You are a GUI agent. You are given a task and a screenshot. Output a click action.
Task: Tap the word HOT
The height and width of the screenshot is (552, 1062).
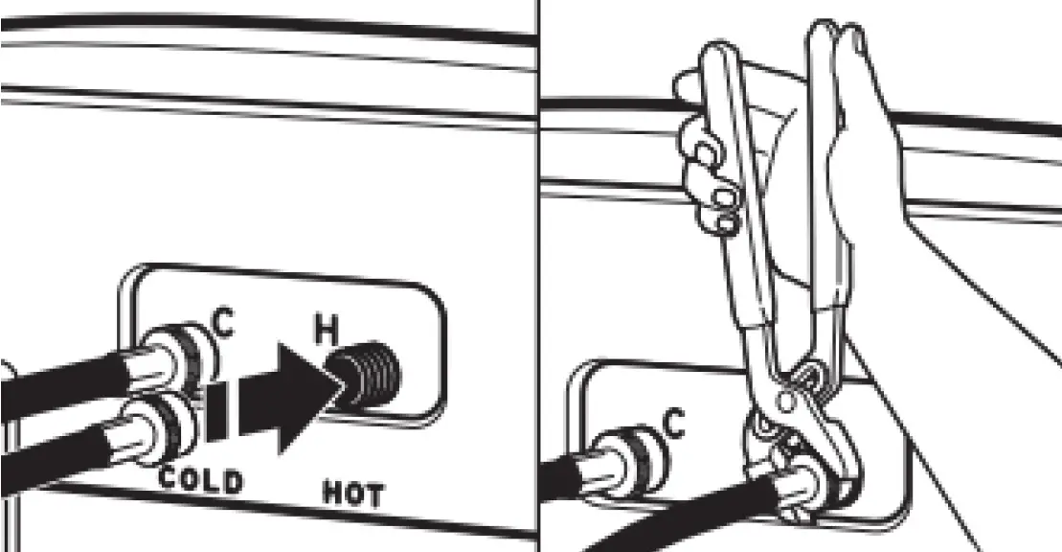tap(350, 495)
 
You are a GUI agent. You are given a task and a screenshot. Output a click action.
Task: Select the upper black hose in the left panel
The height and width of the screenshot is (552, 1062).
tap(57, 382)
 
